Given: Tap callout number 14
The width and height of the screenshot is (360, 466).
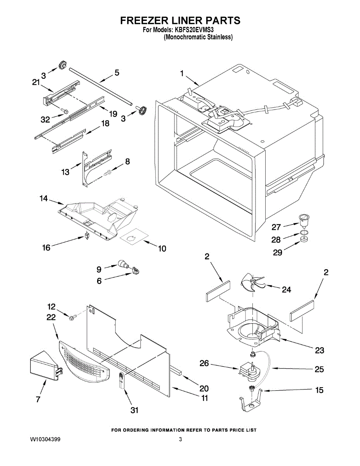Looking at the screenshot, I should (x=43, y=198).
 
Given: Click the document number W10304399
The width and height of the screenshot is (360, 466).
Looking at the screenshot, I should (x=45, y=440).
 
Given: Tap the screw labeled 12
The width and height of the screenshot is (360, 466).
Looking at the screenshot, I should (x=72, y=318).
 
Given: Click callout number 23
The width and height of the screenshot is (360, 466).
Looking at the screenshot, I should (x=319, y=351).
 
